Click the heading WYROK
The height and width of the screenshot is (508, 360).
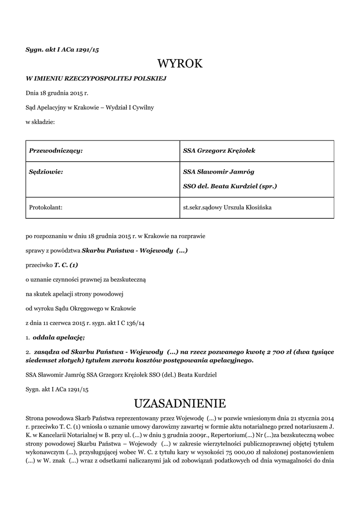180,63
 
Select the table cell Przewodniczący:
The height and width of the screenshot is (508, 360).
56,151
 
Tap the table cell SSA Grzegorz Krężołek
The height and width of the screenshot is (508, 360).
219,151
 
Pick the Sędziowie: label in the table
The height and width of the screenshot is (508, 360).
47,172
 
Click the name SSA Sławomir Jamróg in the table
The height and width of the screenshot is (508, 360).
218,172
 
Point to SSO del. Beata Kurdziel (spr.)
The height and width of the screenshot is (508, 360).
230,187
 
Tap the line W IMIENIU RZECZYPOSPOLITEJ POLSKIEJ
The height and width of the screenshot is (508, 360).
96,78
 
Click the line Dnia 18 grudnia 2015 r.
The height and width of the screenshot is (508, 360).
57,93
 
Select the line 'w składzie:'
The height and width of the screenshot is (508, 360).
40,122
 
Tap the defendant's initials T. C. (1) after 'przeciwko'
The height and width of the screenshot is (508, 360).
66,265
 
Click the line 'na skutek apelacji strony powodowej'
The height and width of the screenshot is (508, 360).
74,294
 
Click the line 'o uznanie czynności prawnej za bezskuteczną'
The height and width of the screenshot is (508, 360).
85,279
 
